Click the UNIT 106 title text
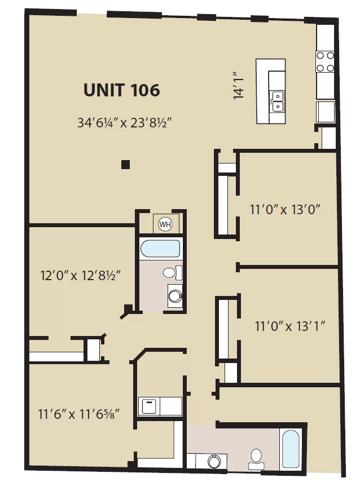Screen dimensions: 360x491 [x=121, y=90]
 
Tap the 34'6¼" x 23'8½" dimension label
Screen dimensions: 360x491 [x=124, y=122]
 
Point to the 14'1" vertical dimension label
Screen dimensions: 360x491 [x=239, y=85]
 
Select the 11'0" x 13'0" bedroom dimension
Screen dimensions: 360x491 [x=285, y=209]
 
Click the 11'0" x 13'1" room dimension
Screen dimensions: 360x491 [x=290, y=326]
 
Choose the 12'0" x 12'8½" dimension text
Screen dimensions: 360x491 [x=81, y=276]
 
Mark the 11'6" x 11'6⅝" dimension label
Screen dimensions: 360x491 [x=78, y=414]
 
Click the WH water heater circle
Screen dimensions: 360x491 [x=165, y=224]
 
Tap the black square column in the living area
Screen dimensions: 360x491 [x=125, y=165]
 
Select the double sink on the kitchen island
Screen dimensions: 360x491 [x=277, y=101]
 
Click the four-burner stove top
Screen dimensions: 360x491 [x=324, y=61]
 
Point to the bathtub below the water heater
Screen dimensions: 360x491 [x=160, y=248]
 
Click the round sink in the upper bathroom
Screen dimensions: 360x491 [x=175, y=296]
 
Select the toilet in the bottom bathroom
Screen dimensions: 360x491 [x=257, y=459]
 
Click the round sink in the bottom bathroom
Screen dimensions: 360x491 [x=214, y=461]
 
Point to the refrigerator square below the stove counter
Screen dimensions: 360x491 [x=325, y=112]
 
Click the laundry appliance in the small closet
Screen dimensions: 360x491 [x=149, y=406]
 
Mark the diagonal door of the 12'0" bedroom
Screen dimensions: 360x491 [x=126, y=313]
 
